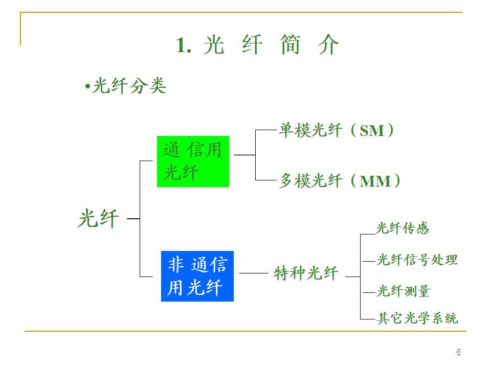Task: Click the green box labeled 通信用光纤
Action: [x=193, y=161]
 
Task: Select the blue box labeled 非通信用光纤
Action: [x=197, y=276]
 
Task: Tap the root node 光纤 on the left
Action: [x=98, y=219]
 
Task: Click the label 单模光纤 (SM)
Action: [x=336, y=131]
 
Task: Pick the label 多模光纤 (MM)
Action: [x=340, y=181]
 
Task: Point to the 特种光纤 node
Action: [x=306, y=273]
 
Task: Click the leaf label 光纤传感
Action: [x=403, y=228]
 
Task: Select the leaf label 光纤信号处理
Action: [x=417, y=260]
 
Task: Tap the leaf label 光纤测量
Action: [x=404, y=292]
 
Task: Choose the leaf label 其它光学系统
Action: [x=417, y=318]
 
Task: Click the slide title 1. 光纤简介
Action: [x=258, y=45]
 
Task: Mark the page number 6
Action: [x=459, y=352]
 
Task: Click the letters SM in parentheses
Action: [x=372, y=131]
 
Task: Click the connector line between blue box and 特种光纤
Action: [x=253, y=273]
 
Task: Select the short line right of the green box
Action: [x=244, y=154]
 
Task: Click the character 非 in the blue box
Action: [x=175, y=265]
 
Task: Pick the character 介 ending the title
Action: [x=328, y=45]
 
